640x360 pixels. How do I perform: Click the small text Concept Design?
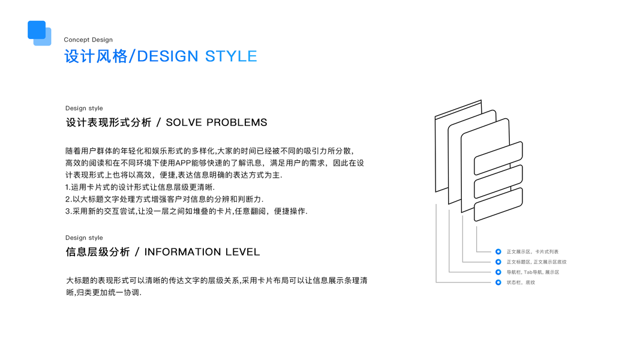pyautogui.click(x=88, y=40)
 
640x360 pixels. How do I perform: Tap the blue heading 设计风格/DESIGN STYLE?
pyautogui.click(x=161, y=56)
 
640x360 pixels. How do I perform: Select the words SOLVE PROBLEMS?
pyautogui.click(x=217, y=122)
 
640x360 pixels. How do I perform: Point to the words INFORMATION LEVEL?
pyautogui.click(x=202, y=252)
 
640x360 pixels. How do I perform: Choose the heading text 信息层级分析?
pyautogui.click(x=98, y=252)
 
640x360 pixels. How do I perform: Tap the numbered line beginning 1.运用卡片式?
pyautogui.click(x=140, y=187)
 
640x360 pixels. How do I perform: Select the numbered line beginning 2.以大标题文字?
pyautogui.click(x=164, y=199)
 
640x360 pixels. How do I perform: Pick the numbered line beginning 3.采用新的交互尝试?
pyautogui.click(x=186, y=211)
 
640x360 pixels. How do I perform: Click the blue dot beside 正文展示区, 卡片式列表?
pyautogui.click(x=498, y=252)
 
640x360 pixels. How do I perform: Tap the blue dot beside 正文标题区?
pyautogui.click(x=498, y=262)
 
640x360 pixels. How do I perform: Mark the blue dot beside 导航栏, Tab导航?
pyautogui.click(x=498, y=272)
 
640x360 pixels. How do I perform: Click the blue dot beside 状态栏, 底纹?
pyautogui.click(x=498, y=283)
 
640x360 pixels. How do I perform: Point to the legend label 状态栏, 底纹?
pyautogui.click(x=521, y=283)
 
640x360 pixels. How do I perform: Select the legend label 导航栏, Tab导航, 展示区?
pyautogui.click(x=533, y=272)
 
